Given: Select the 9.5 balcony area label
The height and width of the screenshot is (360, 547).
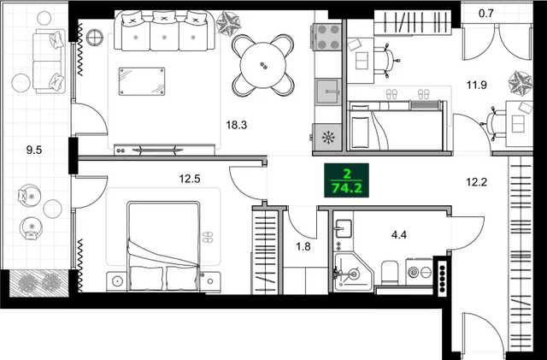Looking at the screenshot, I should [35, 149].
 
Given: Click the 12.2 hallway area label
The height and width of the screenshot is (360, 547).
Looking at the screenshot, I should [477, 181].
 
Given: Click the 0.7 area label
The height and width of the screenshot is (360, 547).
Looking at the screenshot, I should [486, 13].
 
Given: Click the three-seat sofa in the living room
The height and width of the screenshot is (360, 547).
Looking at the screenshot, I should [162, 32].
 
